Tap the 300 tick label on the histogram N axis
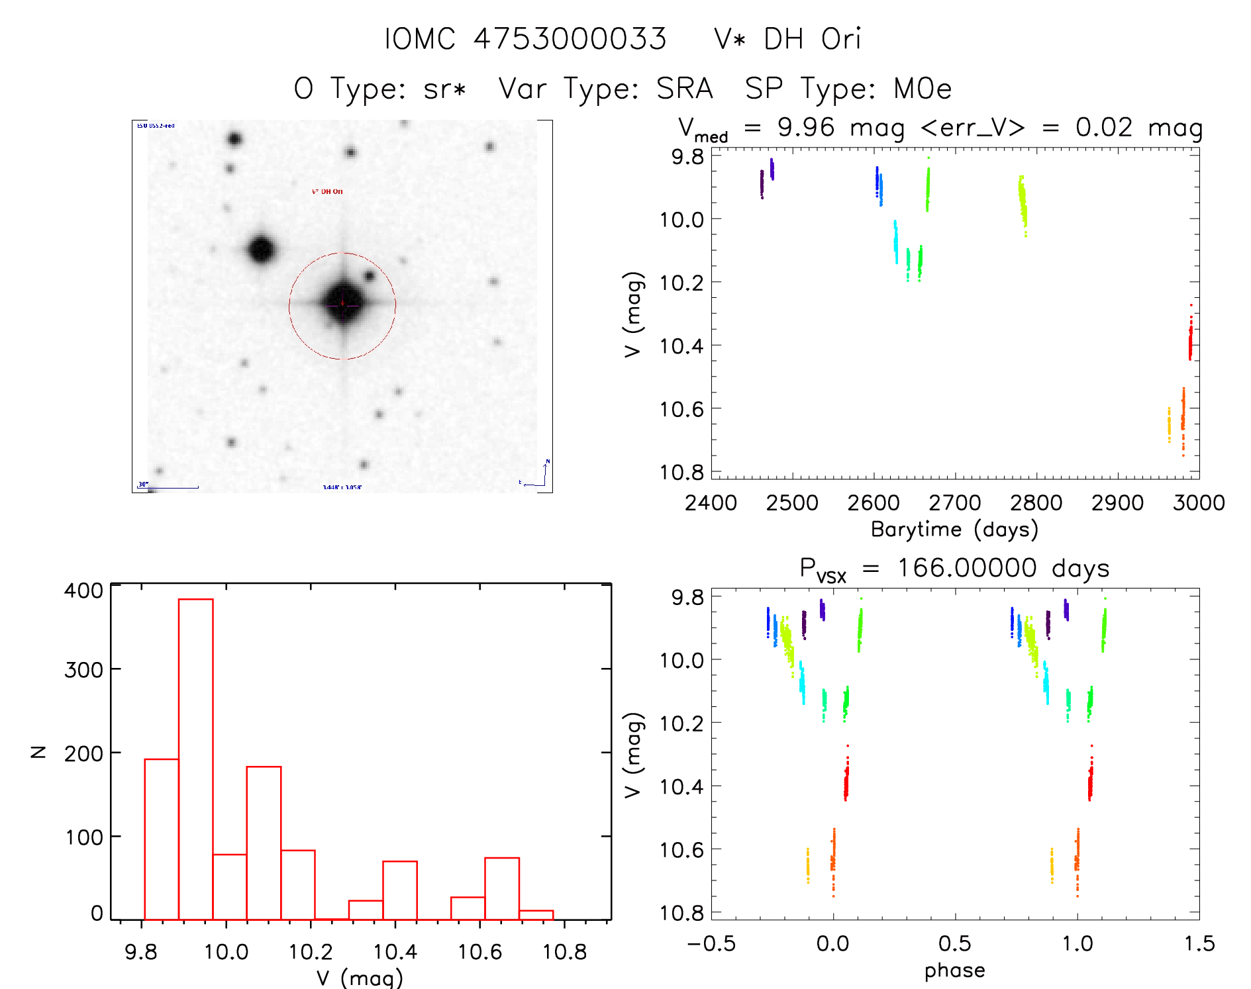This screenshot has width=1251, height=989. coord(83,670)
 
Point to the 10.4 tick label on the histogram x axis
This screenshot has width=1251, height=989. coord(395,952)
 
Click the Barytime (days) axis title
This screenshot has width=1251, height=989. coord(954,530)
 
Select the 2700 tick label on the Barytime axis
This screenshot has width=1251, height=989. coord(954,503)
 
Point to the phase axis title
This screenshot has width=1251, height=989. coord(954,970)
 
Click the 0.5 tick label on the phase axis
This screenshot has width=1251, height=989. coord(954,943)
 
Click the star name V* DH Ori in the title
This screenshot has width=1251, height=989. coord(787,39)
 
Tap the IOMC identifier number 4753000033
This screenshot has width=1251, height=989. coord(570,39)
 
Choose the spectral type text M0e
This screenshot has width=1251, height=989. coord(923,89)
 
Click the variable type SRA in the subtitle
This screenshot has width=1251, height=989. coord(685,89)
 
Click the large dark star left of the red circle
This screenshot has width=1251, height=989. coord(262,250)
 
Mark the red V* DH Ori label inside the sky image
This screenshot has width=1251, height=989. coord(327,191)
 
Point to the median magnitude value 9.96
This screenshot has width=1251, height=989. coord(806,127)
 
